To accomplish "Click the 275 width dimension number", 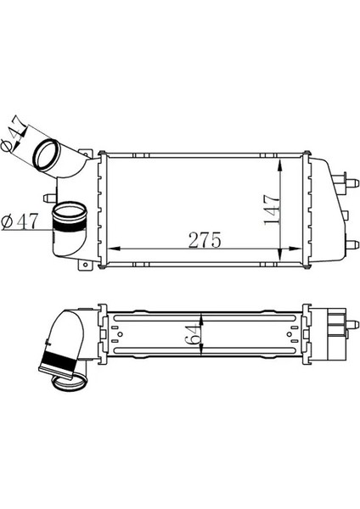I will click(x=205, y=240).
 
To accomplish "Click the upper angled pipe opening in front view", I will click(x=48, y=155).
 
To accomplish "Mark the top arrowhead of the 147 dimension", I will click(x=282, y=161).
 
